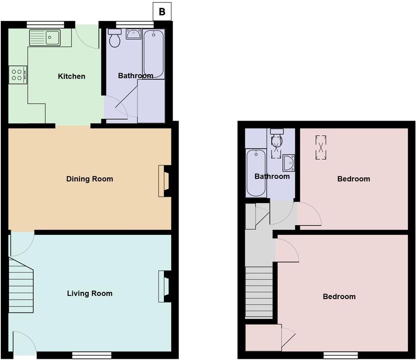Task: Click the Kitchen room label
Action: pyautogui.click(x=71, y=76)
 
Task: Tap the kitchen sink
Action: pyautogui.click(x=45, y=38)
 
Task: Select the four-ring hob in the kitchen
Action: pyautogui.click(x=18, y=75)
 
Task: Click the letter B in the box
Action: pyautogui.click(x=162, y=12)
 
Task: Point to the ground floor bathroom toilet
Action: pyautogui.click(x=114, y=39)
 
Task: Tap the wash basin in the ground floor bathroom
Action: pyautogui.click(x=134, y=34)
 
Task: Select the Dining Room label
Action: pyautogui.click(x=90, y=179)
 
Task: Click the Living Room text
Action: pyautogui.click(x=90, y=293)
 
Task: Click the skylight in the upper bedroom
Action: pyautogui.click(x=321, y=147)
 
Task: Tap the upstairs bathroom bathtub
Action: pyautogui.click(x=256, y=172)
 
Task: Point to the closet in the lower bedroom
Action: pyautogui.click(x=263, y=337)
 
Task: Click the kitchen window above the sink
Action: pyautogui.click(x=45, y=24)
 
